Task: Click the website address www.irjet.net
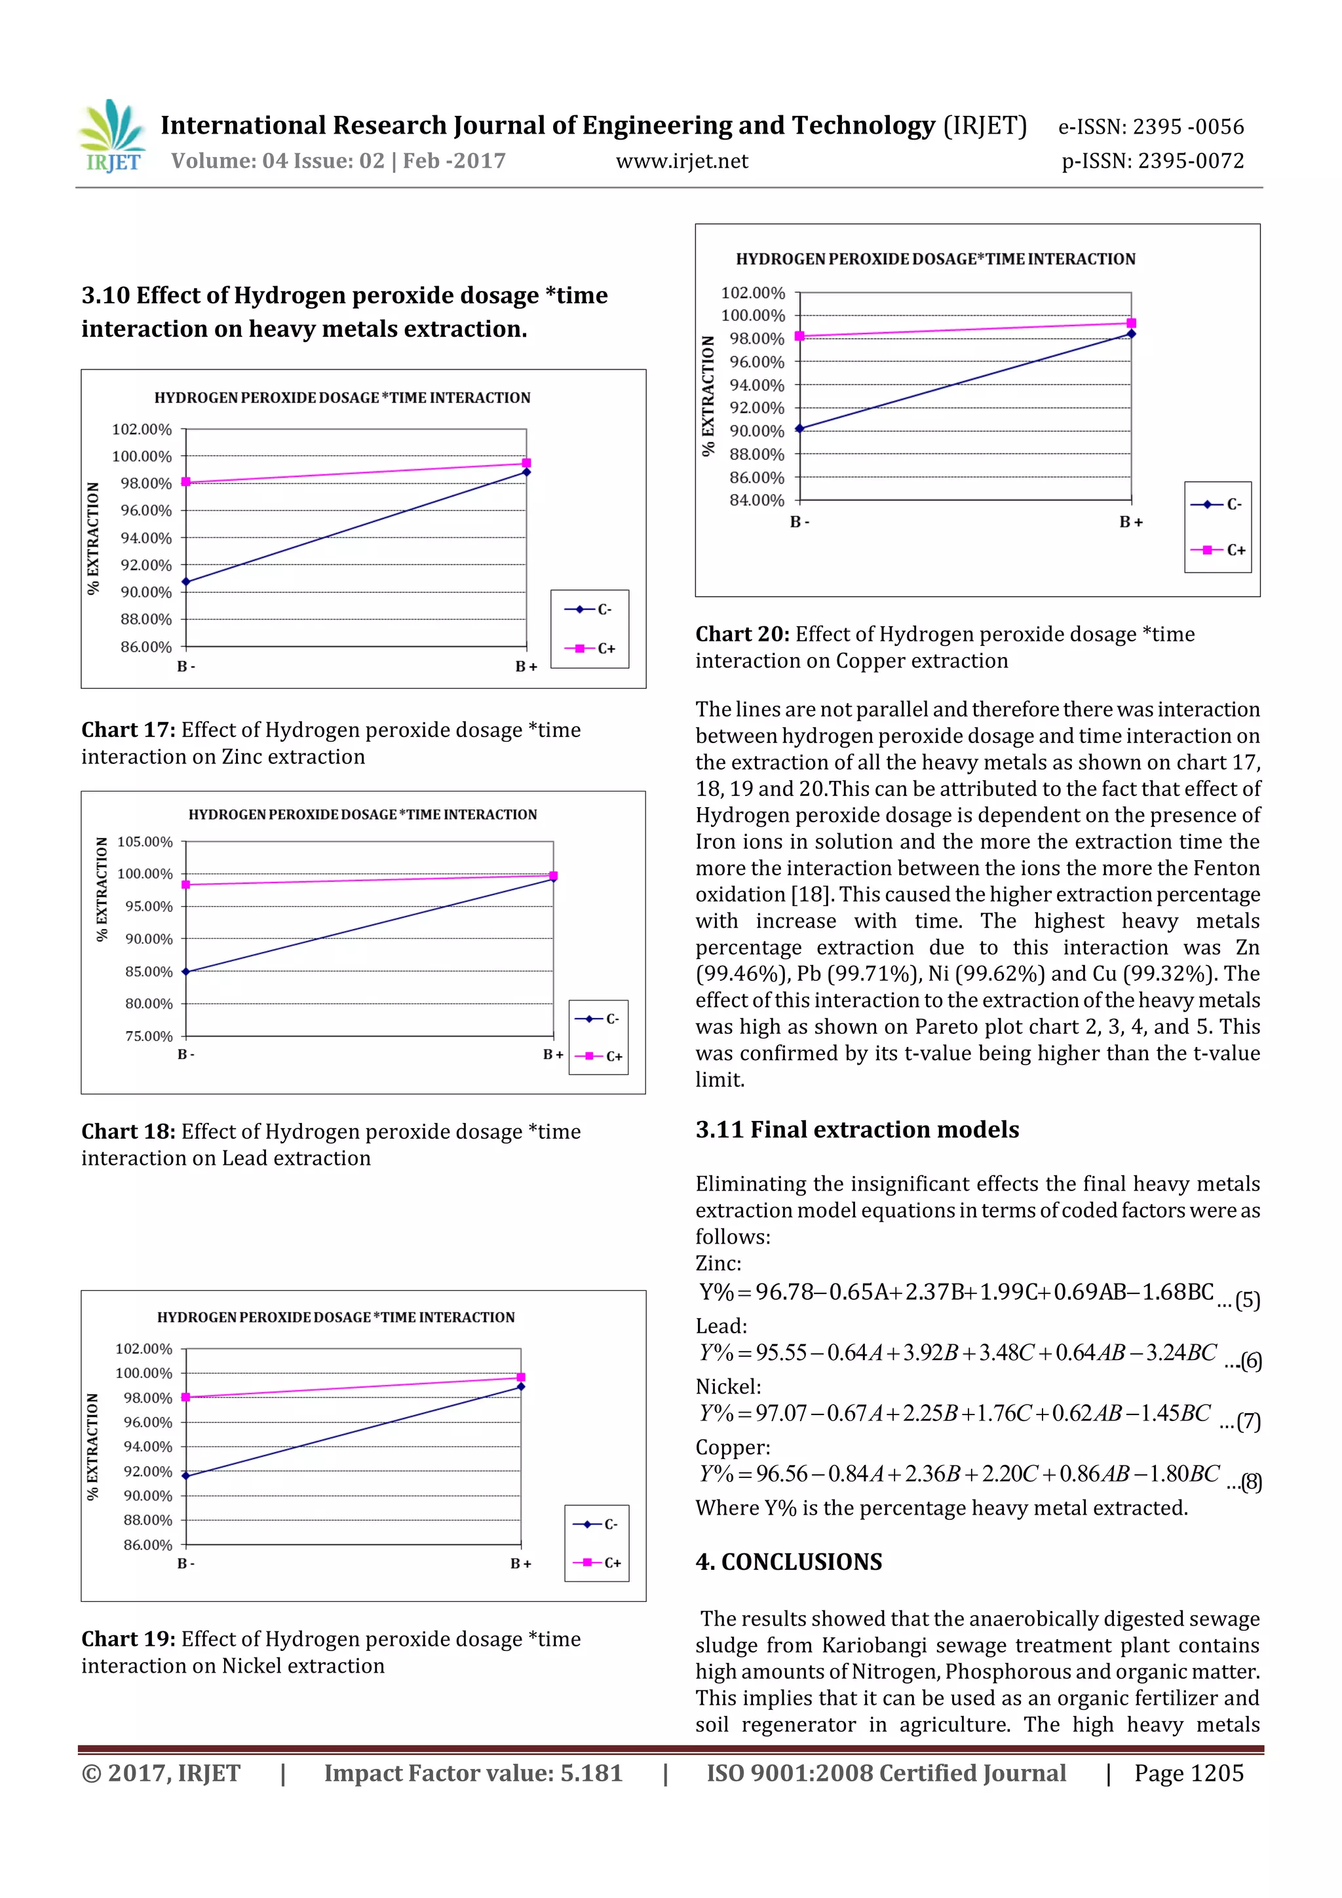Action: [x=681, y=161]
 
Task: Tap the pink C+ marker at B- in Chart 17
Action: [x=186, y=482]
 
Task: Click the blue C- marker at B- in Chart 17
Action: [x=186, y=582]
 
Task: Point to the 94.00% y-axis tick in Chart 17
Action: [x=145, y=538]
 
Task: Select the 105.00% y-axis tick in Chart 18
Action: [x=145, y=841]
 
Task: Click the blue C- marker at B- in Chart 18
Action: [x=186, y=972]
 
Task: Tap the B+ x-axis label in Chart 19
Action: [x=520, y=1563]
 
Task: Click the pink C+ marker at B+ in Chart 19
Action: [x=521, y=1377]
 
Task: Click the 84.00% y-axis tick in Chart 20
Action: [x=757, y=500]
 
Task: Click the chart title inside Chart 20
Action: [x=935, y=259]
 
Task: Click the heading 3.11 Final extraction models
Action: [x=856, y=1129]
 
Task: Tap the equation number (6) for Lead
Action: [x=1250, y=1360]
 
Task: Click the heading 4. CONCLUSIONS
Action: [x=789, y=1561]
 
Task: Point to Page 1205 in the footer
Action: [x=1188, y=1772]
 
